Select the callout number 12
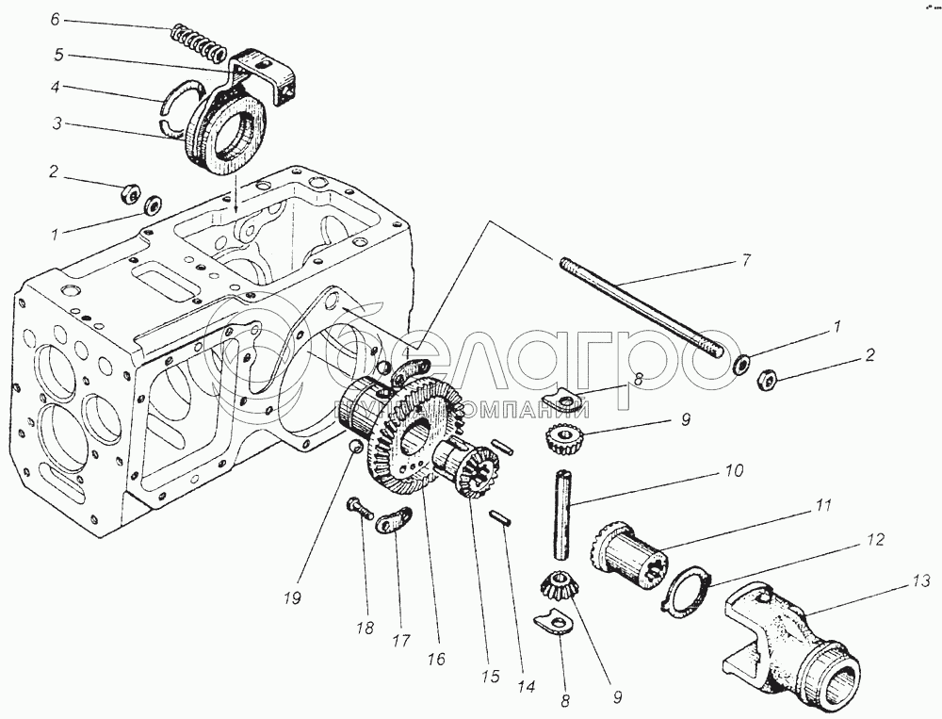coord(876,540)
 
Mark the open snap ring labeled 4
coord(175,103)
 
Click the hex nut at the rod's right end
coord(765,379)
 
